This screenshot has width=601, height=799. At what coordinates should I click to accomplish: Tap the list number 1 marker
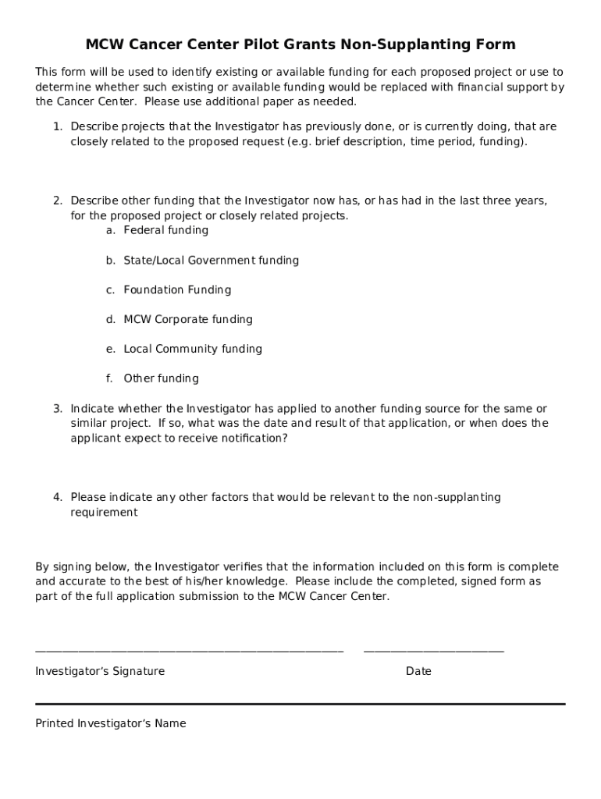tap(58, 126)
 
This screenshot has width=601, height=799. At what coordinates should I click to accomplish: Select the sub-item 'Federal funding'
tap(165, 230)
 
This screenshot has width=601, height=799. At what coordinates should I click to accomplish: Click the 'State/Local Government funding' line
tap(211, 260)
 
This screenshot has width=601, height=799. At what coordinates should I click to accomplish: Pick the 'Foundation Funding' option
tap(177, 289)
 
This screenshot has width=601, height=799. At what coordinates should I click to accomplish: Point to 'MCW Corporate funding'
tap(188, 319)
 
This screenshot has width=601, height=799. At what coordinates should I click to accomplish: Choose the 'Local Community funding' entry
tap(193, 349)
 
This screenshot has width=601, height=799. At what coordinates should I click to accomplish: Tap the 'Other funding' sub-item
tap(161, 378)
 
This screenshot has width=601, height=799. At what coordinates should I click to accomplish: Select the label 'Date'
tap(418, 671)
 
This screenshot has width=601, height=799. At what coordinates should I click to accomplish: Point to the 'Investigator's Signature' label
tap(100, 671)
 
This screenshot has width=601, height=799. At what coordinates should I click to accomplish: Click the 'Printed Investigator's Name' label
tap(111, 723)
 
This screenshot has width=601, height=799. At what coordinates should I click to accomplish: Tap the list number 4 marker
tap(58, 497)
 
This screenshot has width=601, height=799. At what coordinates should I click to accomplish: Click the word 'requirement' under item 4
tap(104, 513)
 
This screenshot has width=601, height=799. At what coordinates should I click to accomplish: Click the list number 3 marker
tap(58, 408)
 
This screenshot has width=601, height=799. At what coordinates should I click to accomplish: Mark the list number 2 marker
tap(58, 201)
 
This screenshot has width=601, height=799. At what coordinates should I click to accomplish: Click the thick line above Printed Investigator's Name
tap(300, 704)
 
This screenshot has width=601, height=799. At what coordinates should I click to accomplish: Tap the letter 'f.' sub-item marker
tap(110, 378)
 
